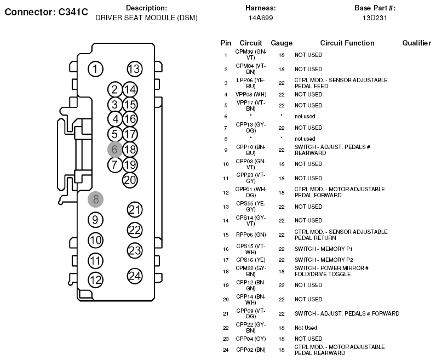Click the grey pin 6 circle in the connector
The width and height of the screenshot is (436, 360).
click(115, 150)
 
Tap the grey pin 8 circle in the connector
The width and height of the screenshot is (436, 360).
click(96, 199)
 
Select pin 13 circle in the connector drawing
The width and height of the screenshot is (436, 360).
click(135, 69)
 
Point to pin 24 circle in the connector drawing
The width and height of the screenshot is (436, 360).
click(135, 276)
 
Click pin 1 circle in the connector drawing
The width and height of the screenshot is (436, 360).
click(95, 69)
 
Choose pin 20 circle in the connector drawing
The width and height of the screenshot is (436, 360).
click(130, 180)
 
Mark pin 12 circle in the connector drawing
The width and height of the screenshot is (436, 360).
click(95, 280)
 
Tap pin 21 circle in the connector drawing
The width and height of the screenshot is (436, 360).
click(135, 210)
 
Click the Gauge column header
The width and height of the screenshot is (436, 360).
click(282, 43)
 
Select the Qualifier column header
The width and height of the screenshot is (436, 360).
click(416, 43)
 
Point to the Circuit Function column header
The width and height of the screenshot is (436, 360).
click(347, 43)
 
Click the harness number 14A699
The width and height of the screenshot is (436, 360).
click(261, 18)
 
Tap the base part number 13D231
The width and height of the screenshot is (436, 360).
click(375, 18)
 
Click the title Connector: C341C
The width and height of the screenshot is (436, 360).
click(46, 12)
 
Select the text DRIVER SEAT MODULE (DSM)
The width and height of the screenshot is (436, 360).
click(146, 18)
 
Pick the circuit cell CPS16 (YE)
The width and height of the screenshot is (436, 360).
click(250, 260)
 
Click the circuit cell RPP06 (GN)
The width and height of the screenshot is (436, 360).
click(251, 235)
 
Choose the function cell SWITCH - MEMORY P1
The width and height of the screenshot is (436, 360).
click(323, 249)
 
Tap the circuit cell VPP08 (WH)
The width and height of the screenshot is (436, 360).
click(251, 95)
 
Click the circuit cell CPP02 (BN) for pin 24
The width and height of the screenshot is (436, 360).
click(250, 350)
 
